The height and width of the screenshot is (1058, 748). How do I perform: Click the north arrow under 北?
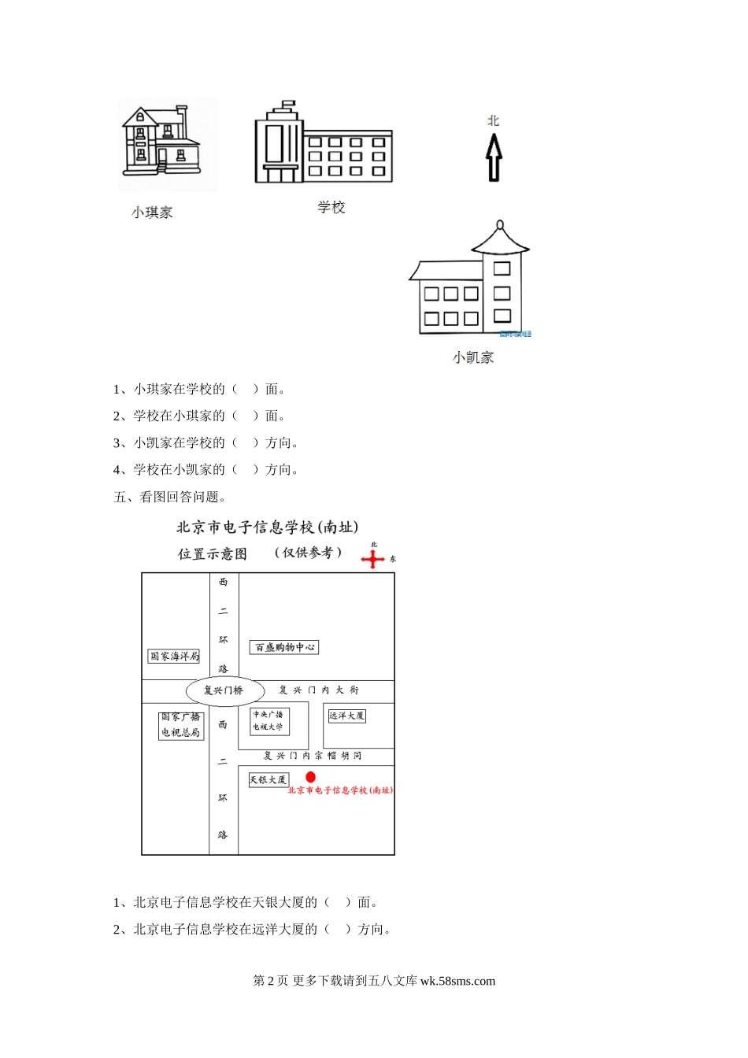[494, 157]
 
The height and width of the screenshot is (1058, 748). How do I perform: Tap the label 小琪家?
[152, 212]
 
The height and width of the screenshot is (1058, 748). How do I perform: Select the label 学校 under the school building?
[331, 207]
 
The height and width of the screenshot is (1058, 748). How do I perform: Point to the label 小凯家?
[473, 357]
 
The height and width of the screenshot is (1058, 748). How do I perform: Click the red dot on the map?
[311, 777]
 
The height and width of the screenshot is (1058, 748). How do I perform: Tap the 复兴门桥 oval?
[224, 690]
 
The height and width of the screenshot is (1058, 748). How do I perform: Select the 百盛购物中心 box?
[284, 647]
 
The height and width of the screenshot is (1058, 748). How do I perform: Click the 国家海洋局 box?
[174, 656]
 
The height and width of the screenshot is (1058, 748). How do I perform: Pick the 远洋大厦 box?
[346, 716]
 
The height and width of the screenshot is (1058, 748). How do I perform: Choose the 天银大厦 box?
[268, 779]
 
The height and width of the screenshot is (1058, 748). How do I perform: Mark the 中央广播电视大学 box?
[268, 720]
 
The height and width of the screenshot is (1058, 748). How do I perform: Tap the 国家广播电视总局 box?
[181, 725]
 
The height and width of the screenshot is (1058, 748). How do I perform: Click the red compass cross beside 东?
[373, 559]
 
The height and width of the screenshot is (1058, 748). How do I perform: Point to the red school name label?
[340, 790]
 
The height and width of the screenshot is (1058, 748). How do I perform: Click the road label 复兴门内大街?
[319, 690]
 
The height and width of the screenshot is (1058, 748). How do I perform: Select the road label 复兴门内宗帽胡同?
[313, 755]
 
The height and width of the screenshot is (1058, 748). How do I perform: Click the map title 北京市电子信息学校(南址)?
[267, 527]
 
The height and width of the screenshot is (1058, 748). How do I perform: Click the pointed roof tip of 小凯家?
[500, 225]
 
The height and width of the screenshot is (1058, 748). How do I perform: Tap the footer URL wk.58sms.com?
[457, 981]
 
